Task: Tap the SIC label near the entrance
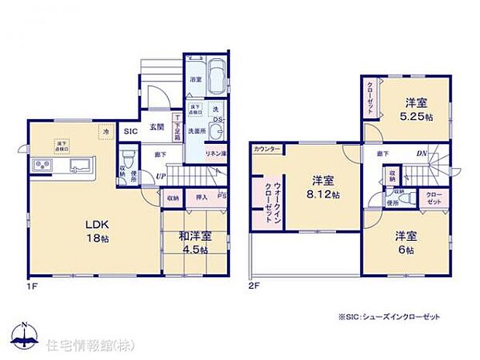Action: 131,132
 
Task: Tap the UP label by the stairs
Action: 160,177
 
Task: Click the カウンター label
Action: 267,147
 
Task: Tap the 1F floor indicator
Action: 30,284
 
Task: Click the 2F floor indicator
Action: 255,285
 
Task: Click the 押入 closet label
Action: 200,198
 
